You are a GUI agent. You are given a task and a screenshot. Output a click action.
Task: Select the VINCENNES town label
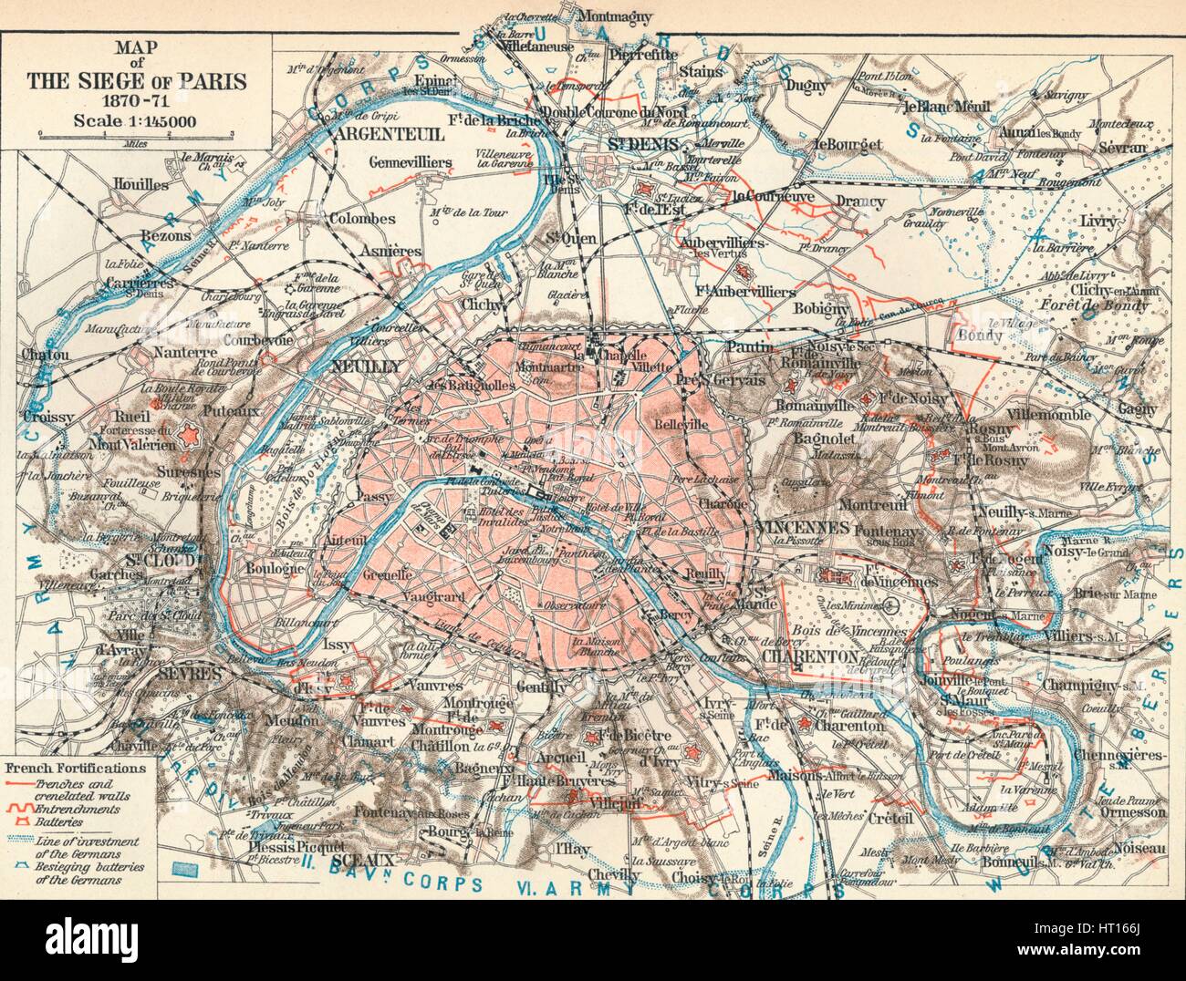click(x=802, y=527)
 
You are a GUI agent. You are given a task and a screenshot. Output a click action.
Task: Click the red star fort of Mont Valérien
click(x=189, y=436)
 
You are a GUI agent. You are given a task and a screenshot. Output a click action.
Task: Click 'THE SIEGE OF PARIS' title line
click(x=137, y=80)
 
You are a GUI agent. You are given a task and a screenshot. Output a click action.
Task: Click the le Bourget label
click(x=848, y=143)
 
